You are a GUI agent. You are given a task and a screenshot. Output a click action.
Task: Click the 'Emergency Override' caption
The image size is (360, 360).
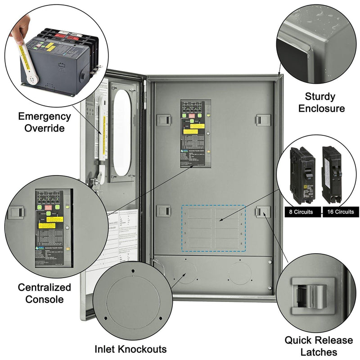coord(44,122)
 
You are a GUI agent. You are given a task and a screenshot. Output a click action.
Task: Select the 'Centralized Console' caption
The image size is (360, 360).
coord(44,293)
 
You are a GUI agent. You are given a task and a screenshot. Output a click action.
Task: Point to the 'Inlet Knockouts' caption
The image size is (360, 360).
coord(130,349)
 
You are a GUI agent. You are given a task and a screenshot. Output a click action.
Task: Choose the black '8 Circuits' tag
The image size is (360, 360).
coord(302,211)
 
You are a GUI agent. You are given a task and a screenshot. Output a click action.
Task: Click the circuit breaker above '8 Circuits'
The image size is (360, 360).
coord(302,175)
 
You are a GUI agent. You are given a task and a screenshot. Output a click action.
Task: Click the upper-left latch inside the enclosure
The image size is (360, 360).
coord(163,120)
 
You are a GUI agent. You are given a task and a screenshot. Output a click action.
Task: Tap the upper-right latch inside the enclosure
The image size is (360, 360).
coord(263,120)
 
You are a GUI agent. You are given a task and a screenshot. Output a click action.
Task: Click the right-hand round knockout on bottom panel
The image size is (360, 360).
coord(239,273)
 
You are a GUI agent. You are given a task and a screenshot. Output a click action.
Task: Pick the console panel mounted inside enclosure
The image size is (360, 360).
coord(193,134)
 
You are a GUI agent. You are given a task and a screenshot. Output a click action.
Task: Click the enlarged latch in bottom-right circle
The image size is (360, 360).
coord(309,294)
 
